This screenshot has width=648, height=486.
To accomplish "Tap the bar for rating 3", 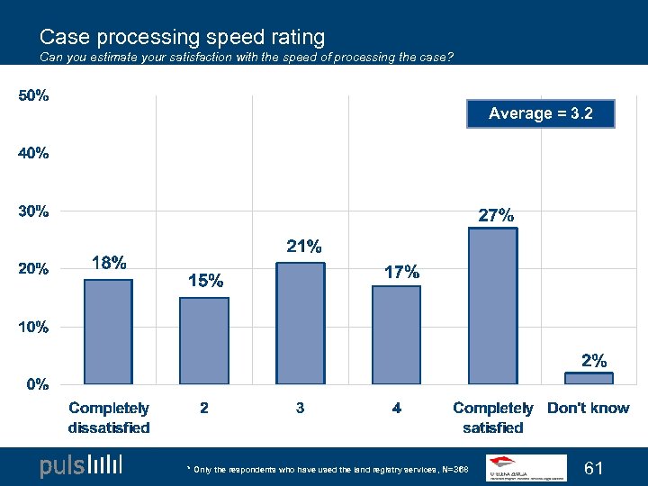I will point(301,323).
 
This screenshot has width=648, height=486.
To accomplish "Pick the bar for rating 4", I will point(397,335).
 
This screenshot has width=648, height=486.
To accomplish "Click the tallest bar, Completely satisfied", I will point(492,306).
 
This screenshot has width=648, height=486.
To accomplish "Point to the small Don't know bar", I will point(589,378).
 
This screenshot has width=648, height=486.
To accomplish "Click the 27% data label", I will point(496,216).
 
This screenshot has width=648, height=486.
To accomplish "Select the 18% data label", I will point(109,263).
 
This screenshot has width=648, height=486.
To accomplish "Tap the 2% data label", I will point(593,361).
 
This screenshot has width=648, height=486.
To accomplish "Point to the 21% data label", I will point(304,246).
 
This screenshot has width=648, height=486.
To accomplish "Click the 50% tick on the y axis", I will point(34,96).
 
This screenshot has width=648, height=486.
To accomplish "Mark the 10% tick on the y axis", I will point(34,327).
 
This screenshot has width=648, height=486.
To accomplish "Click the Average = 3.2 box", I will point(541,113).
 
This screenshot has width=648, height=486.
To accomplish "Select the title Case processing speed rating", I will point(182,37).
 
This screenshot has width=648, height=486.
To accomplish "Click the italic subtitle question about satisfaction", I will point(247,58).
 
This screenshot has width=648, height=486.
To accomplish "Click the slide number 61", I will point(594,468).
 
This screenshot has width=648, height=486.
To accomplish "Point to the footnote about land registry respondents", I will point(328,470).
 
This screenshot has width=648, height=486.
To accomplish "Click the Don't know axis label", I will point(589,409).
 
